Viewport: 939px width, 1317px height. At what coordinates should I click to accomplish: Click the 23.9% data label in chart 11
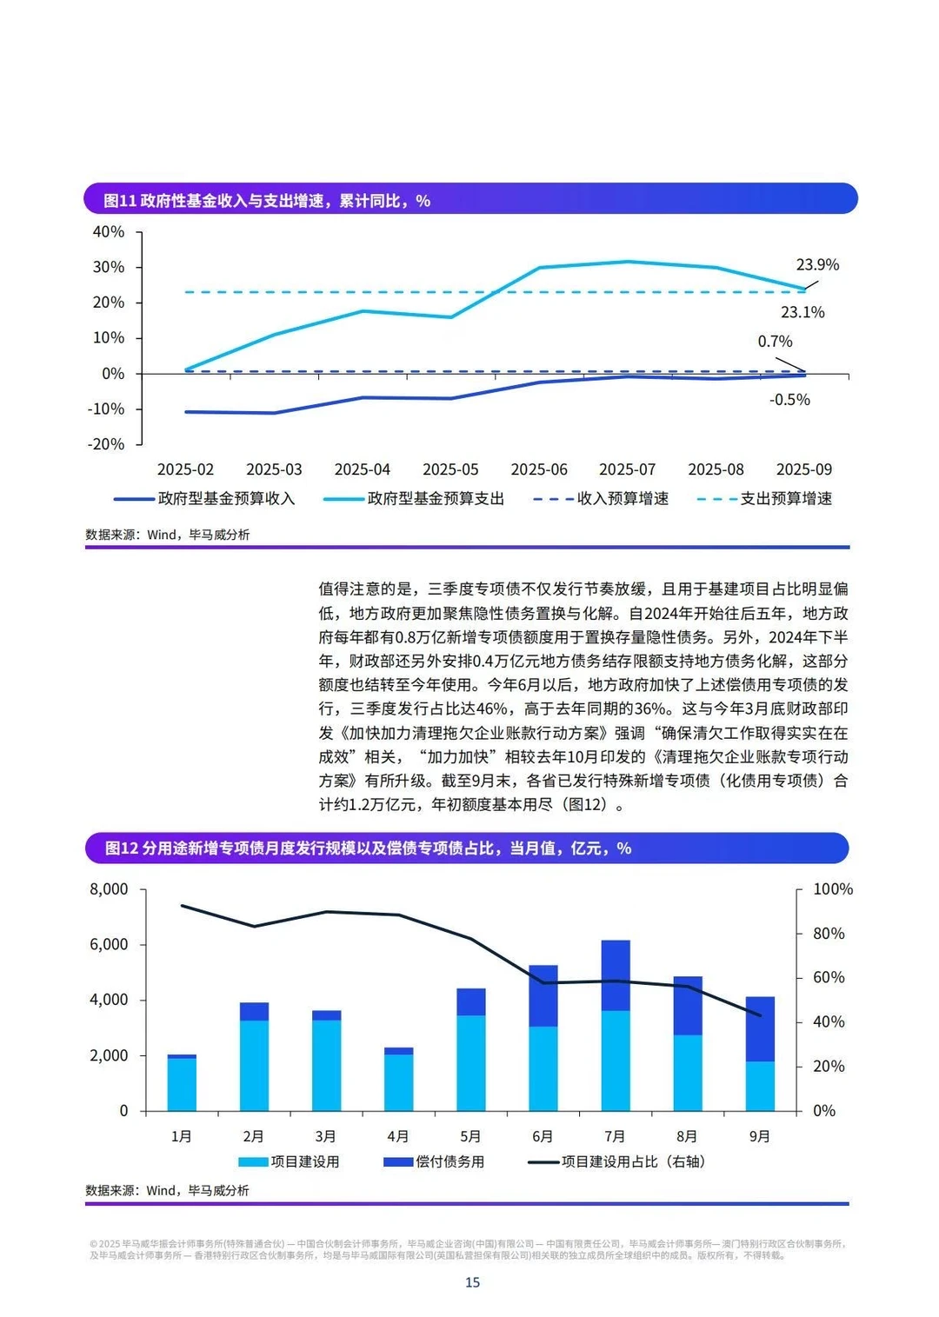(x=817, y=265)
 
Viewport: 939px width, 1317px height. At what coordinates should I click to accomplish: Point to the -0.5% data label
(x=789, y=400)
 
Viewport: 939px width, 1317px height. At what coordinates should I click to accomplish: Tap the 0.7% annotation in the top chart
(x=775, y=342)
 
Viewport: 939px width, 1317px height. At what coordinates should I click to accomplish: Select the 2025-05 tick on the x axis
(x=450, y=469)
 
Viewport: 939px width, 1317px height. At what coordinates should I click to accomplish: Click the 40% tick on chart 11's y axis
(x=109, y=232)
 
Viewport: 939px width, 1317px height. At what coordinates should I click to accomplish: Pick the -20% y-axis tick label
(x=106, y=444)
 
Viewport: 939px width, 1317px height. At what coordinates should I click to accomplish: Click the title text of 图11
(x=267, y=201)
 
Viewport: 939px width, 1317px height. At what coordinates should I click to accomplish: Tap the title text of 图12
(x=368, y=848)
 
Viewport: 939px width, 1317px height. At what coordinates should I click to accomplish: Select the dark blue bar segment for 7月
(x=616, y=975)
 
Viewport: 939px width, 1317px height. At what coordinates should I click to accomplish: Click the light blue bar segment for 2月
(x=254, y=1065)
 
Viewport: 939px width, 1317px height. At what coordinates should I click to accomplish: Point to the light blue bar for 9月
(x=760, y=1086)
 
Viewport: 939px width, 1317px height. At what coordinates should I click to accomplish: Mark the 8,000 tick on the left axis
(x=109, y=889)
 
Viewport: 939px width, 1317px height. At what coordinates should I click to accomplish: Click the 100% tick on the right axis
(x=832, y=889)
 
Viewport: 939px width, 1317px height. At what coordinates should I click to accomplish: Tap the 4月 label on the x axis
(x=398, y=1136)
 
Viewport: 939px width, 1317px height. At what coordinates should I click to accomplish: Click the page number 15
(x=472, y=1282)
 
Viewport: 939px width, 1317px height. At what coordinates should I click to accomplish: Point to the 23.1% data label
(x=802, y=313)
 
